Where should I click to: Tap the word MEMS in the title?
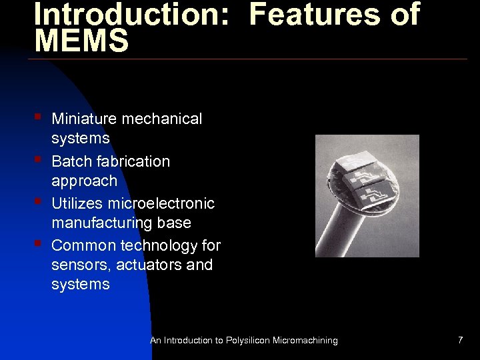[x=81, y=41]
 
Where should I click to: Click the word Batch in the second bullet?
[x=70, y=161]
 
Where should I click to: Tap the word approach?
[x=84, y=181]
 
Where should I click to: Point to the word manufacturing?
[x=101, y=223]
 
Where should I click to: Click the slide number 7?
[x=460, y=341]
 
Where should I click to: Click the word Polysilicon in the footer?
[x=248, y=341]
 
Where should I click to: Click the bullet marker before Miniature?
[x=39, y=117]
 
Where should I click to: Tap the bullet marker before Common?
[x=39, y=244]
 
